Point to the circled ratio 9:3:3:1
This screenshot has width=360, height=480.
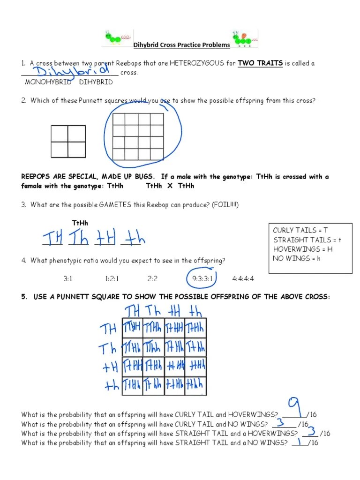(x=202, y=279)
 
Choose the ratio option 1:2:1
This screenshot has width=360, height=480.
(x=112, y=279)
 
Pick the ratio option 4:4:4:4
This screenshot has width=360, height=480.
(x=243, y=279)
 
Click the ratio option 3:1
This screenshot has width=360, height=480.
(x=68, y=279)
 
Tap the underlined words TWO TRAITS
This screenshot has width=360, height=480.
(x=260, y=63)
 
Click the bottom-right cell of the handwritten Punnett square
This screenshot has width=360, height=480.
(x=195, y=386)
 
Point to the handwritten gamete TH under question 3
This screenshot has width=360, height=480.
(x=52, y=239)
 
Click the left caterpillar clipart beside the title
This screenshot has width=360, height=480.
(x=117, y=38)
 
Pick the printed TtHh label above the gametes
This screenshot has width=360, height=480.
(x=80, y=223)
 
